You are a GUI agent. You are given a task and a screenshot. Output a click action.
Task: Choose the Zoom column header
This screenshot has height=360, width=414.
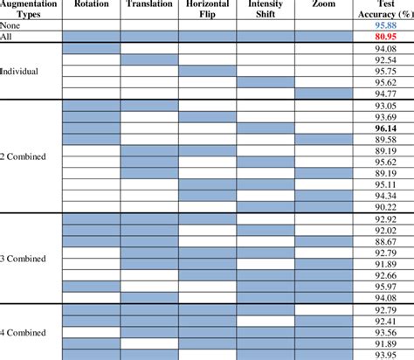pos(321,5)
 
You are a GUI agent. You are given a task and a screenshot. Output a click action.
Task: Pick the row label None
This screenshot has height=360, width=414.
pos(11,26)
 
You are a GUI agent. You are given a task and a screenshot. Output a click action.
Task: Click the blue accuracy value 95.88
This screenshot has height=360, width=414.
pos(385,26)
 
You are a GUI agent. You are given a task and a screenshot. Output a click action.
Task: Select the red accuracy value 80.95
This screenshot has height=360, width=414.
pos(385,38)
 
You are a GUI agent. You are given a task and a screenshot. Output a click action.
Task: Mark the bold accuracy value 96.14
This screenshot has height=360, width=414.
pos(385,128)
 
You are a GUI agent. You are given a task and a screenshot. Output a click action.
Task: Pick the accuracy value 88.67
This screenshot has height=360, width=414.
pos(385,241)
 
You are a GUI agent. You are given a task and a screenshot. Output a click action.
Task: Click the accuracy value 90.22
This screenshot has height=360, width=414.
pos(385,207)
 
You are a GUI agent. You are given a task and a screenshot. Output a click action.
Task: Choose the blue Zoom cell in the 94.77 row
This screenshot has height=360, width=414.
pos(322,93)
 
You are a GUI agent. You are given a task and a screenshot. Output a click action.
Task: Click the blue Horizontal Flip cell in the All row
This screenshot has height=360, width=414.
pos(207,38)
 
